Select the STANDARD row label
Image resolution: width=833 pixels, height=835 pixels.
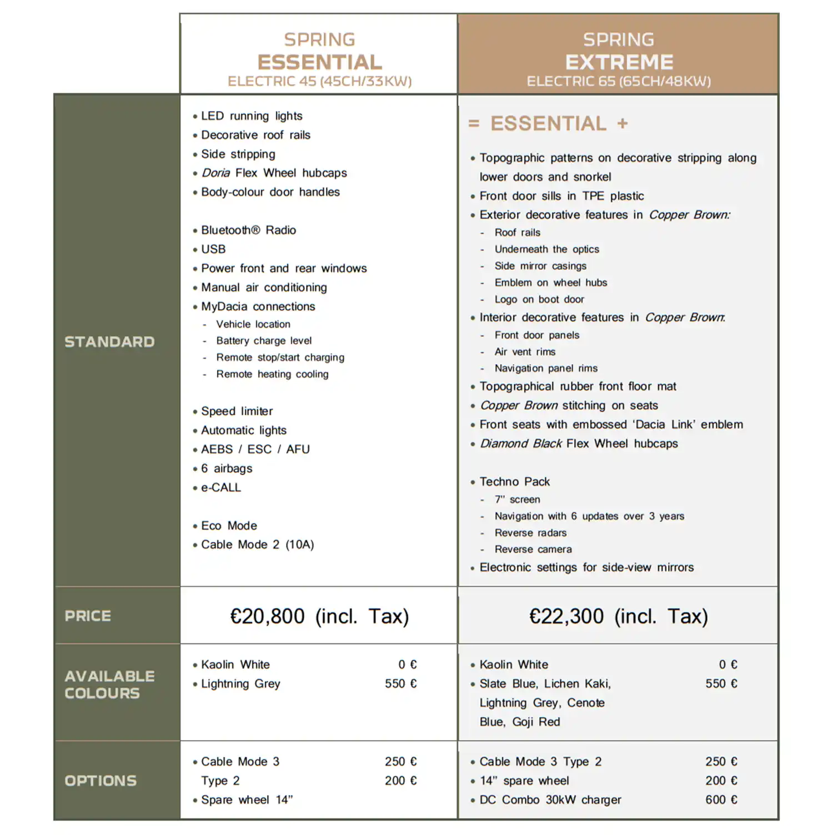click(109, 341)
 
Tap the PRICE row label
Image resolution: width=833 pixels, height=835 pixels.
click(88, 616)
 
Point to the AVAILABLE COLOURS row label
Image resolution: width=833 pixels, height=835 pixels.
click(109, 685)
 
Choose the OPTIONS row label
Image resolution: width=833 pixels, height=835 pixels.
click(101, 781)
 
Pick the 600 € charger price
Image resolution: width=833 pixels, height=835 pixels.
click(721, 799)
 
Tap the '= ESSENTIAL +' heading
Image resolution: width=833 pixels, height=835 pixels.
click(548, 123)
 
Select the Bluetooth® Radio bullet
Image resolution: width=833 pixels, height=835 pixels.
click(248, 230)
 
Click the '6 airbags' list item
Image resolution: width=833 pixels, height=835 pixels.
click(227, 468)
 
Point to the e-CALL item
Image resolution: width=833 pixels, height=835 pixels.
click(221, 487)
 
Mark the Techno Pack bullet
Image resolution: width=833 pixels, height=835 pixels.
click(514, 481)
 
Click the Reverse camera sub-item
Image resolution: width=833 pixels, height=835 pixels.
click(533, 549)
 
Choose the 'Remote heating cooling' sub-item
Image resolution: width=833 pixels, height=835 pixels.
click(272, 374)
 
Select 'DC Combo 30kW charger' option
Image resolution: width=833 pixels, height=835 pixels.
click(550, 799)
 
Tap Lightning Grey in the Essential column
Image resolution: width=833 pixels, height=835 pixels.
click(240, 683)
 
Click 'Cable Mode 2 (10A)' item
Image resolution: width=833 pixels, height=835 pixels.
click(257, 545)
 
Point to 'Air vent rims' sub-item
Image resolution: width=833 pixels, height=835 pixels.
click(525, 351)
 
